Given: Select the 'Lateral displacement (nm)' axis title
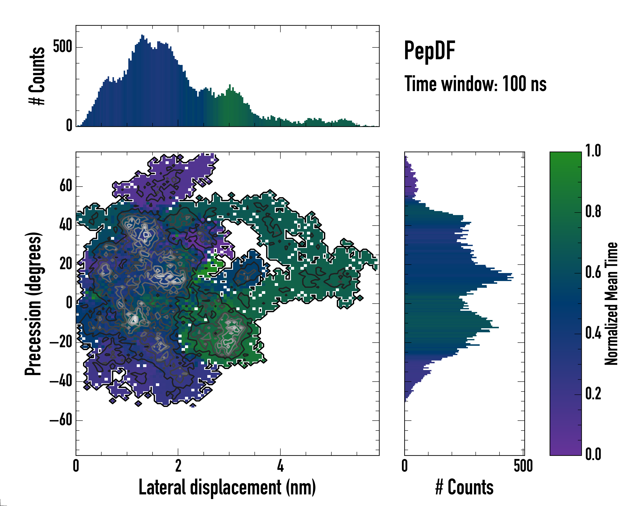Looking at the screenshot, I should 227,487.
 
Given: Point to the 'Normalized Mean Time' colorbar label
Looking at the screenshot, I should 611,304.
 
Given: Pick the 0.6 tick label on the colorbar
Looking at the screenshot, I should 593,272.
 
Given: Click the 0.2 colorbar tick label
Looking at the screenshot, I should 593,393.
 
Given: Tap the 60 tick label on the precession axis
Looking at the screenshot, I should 66,186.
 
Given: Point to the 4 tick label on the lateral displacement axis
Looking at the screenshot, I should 280,466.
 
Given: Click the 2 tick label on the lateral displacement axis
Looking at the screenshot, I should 178,466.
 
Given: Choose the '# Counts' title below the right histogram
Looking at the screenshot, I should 464,487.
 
